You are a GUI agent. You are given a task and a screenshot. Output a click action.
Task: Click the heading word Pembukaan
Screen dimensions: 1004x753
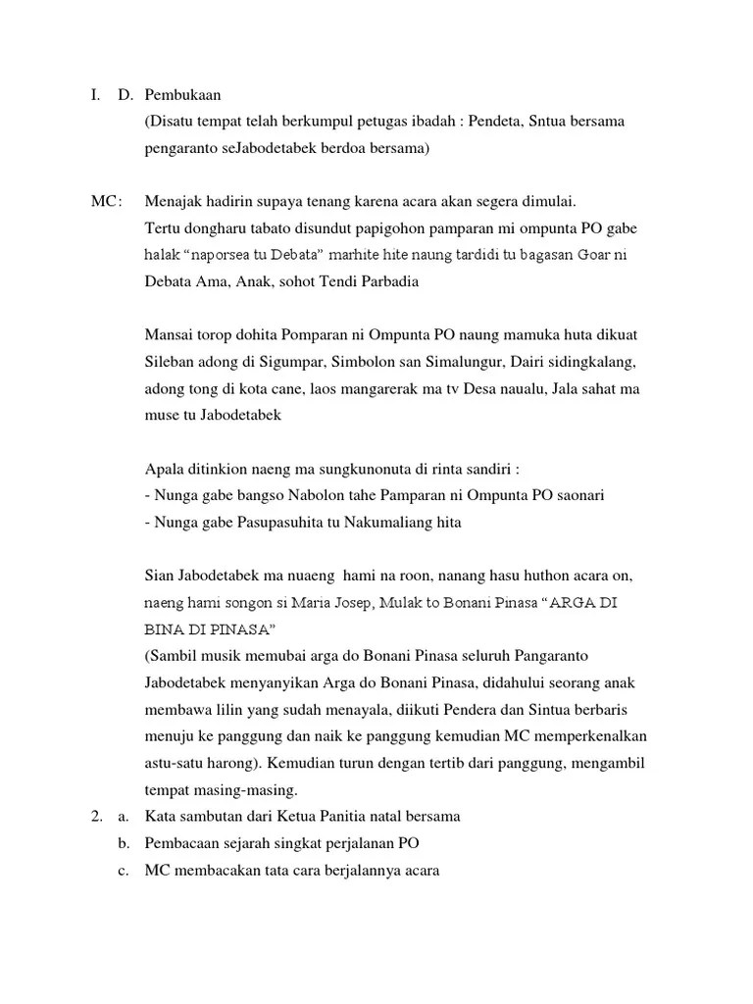pyautogui.click(x=182, y=95)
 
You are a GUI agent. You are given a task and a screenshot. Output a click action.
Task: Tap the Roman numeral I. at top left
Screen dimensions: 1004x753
pyautogui.click(x=94, y=95)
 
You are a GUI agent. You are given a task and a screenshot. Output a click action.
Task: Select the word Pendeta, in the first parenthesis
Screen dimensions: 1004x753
pyautogui.click(x=470, y=122)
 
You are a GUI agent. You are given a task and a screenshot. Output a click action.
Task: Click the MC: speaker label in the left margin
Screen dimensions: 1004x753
pyautogui.click(x=107, y=203)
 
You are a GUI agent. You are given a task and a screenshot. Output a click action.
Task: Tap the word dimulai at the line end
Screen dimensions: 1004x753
pyautogui.click(x=547, y=203)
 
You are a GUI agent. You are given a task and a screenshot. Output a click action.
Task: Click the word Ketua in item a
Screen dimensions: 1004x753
pyautogui.click(x=318, y=816)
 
